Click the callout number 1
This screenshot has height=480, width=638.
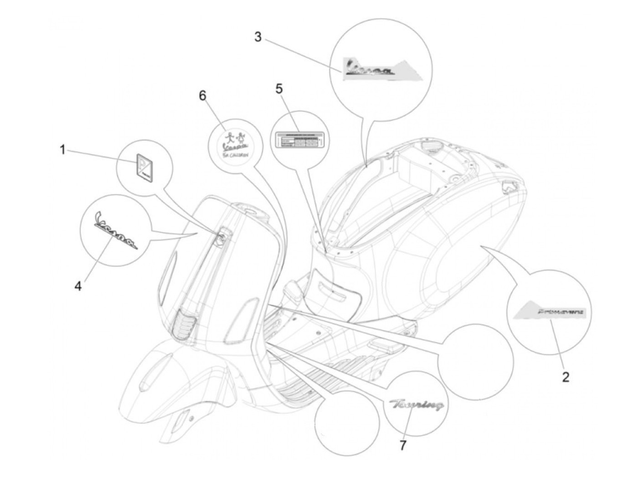coord(63,149)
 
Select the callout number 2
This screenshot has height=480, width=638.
coord(565,377)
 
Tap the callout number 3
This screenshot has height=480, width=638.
coord(258,37)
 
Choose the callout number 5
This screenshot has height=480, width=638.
coord(279,89)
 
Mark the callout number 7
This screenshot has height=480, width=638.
coord(402,445)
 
